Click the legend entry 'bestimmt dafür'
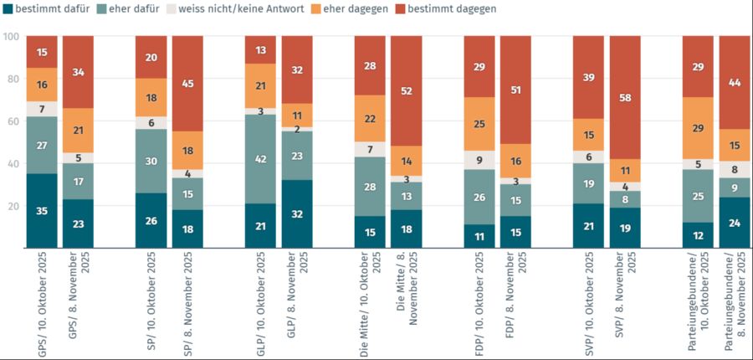47,9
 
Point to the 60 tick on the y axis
12,121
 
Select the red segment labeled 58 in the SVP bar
625,98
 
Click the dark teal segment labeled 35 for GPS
42,211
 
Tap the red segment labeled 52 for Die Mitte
407,91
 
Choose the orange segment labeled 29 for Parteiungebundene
699,128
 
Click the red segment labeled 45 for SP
188,84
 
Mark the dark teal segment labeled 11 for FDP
479,236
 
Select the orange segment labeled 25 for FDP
479,124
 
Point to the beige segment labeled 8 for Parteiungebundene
735,169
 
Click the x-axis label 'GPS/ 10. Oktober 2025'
42,301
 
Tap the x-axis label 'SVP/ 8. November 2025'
625,301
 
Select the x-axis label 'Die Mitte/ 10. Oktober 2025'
370,301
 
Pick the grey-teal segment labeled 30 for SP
151,161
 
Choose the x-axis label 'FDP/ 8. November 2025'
516,301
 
